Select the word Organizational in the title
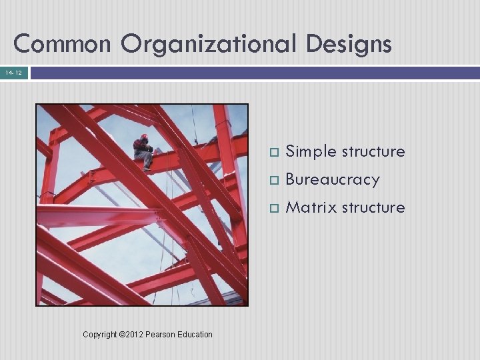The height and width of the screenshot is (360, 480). (213, 45)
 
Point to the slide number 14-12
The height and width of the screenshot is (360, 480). (14, 72)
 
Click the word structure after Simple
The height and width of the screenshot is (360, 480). (373, 152)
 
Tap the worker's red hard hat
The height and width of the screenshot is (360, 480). (144, 137)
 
